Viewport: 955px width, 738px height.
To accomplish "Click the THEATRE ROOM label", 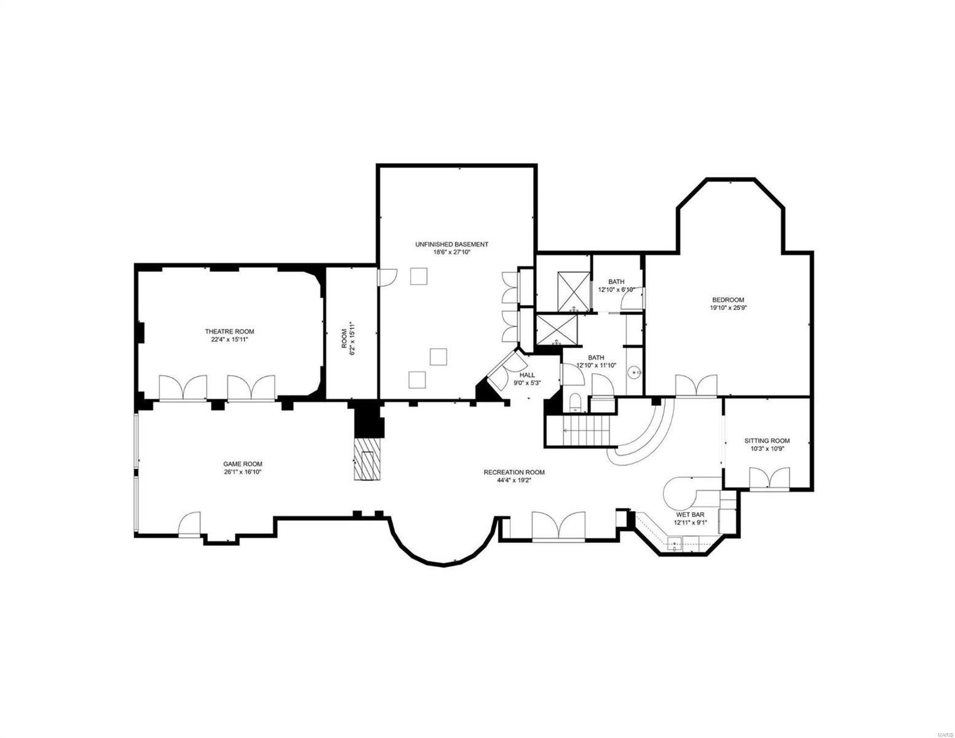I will [x=229, y=331].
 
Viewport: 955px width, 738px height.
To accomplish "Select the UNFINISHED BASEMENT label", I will [x=451, y=244].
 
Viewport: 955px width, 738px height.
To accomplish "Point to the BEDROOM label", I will [x=729, y=300].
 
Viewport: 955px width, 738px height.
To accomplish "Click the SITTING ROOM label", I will [x=767, y=441].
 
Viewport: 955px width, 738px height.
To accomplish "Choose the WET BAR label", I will [x=691, y=515].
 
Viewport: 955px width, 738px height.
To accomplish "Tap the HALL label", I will [x=527, y=375].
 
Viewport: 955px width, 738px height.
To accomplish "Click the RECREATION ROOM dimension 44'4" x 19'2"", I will [x=513, y=481].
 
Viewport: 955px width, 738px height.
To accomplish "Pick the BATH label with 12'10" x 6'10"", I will [x=616, y=282].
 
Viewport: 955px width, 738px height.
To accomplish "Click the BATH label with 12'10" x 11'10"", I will [x=596, y=357].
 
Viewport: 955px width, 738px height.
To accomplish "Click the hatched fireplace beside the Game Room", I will [x=368, y=459].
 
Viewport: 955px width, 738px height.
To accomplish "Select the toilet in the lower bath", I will [x=575, y=403].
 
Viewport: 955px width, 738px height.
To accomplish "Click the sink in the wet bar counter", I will [x=675, y=543].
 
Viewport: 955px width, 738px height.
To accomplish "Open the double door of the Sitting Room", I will [x=769, y=478].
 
